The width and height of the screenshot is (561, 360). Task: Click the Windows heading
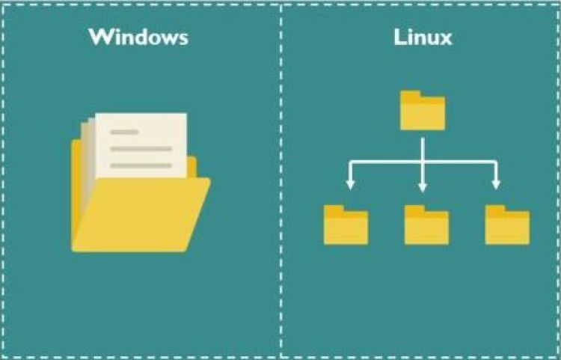click(138, 37)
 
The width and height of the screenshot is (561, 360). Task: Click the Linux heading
click(423, 37)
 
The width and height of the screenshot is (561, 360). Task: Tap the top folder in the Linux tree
click(423, 112)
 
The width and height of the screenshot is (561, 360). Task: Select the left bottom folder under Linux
click(346, 225)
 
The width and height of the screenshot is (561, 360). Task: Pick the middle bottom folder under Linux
click(426, 225)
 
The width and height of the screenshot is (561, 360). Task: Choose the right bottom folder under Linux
click(507, 225)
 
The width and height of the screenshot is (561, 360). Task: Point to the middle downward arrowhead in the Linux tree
click(423, 184)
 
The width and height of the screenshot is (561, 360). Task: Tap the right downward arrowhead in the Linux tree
click(495, 184)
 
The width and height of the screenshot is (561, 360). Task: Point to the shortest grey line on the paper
click(124, 132)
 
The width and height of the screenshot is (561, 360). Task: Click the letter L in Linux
click(399, 37)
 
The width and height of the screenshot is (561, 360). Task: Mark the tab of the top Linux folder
click(411, 95)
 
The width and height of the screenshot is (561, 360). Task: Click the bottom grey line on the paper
click(141, 165)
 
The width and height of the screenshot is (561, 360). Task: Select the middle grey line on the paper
click(141, 149)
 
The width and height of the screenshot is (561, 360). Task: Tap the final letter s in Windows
click(183, 38)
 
